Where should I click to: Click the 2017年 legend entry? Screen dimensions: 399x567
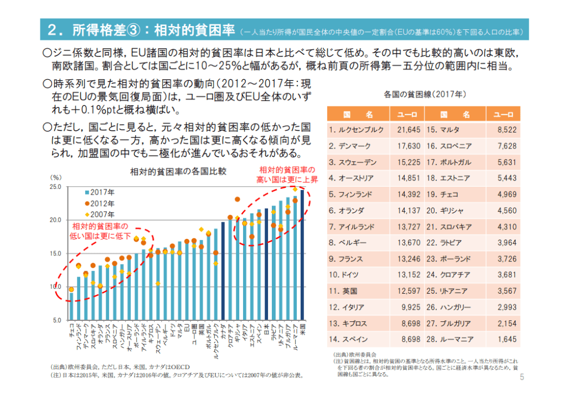pyautogui.click(x=102, y=192)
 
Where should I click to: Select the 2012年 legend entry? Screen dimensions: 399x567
pyautogui.click(x=102, y=203)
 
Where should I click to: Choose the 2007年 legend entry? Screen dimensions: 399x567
pyautogui.click(x=102, y=214)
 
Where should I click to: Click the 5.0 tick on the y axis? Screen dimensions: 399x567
pyautogui.click(x=57, y=320)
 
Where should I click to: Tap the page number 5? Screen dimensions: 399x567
pyautogui.click(x=522, y=377)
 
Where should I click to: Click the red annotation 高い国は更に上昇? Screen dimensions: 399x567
pyautogui.click(x=287, y=180)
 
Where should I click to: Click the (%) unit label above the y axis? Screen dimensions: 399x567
pyautogui.click(x=56, y=177)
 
